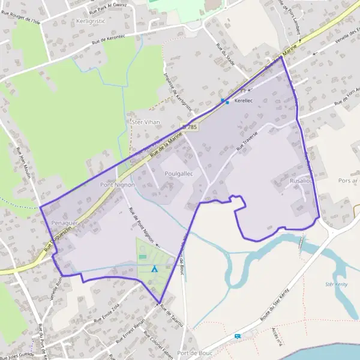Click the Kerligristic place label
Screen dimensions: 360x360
88,20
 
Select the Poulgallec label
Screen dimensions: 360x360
178,172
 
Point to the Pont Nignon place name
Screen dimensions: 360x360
118,185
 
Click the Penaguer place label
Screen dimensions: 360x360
65,223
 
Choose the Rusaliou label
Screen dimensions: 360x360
301,181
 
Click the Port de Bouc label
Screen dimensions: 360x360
195,353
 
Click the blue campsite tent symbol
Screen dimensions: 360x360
154,269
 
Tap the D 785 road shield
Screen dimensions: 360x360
190,127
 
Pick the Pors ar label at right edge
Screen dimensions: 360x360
348,180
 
